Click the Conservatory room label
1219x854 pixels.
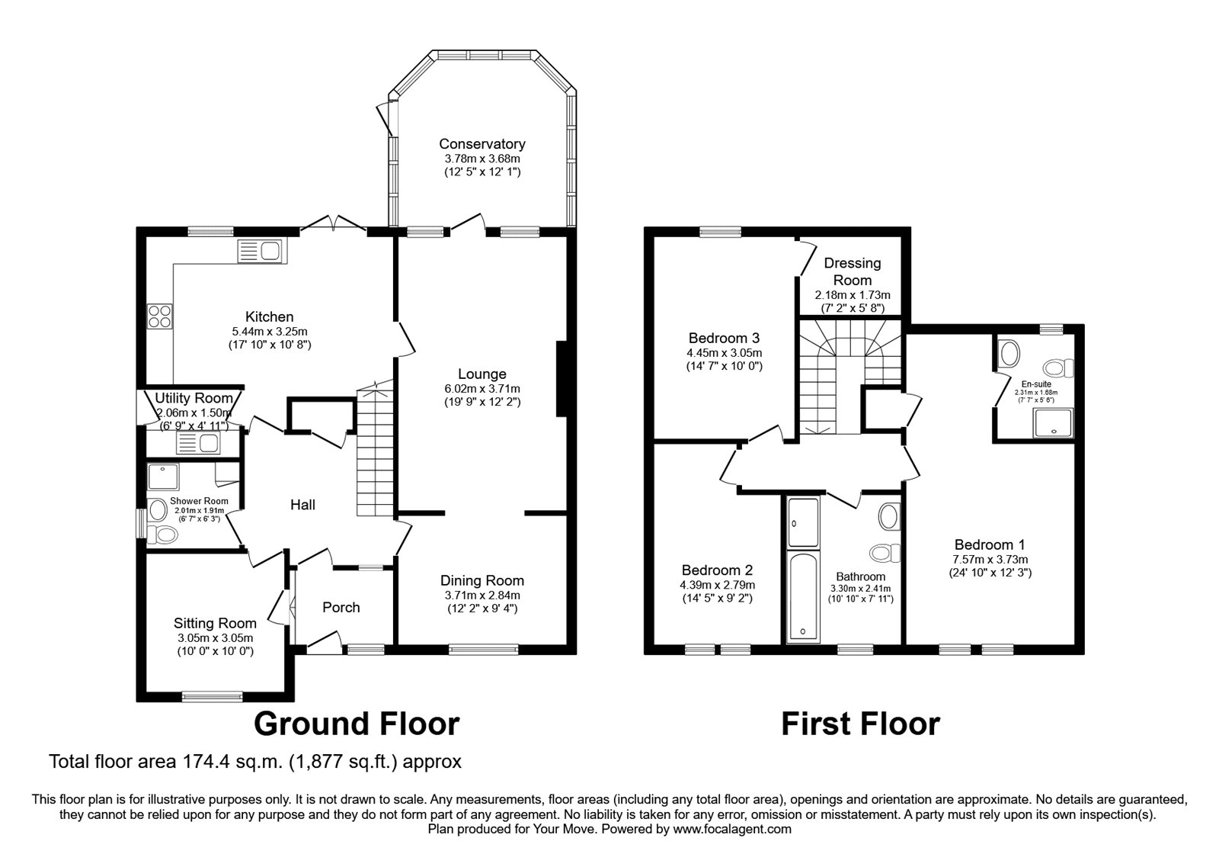point(482,144)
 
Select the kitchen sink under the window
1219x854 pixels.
point(261,250)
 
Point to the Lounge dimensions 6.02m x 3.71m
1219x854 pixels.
point(482,388)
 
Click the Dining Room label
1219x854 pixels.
point(482,581)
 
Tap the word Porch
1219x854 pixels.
point(341,608)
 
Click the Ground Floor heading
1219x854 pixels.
point(356,724)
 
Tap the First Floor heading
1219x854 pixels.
point(860,724)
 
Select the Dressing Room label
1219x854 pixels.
point(853,271)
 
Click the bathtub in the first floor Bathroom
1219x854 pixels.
point(802,595)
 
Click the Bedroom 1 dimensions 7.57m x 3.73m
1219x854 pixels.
point(990,559)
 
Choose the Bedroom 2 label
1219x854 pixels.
point(717,570)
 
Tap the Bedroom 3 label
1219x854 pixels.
point(724,338)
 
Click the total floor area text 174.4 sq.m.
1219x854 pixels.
point(255,761)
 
